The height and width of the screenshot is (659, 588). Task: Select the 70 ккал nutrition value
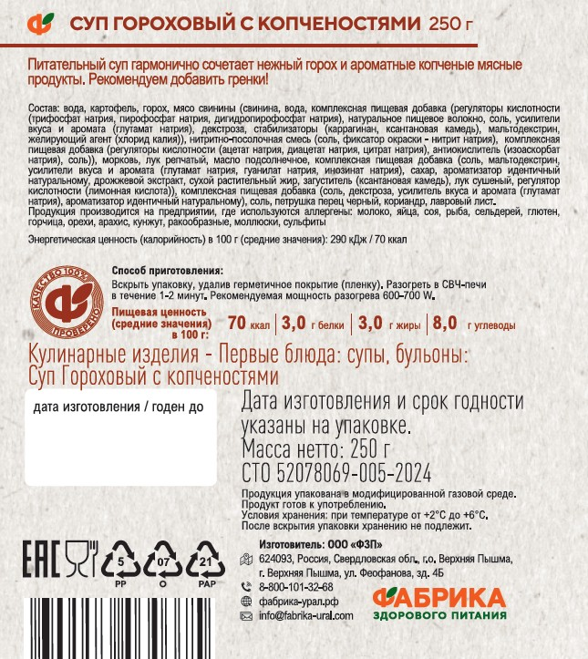pyautogui.click(x=249, y=323)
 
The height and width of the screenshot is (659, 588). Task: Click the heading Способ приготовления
pyautogui.click(x=167, y=271)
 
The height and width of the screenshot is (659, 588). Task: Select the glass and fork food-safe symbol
pyautogui.click(x=82, y=558)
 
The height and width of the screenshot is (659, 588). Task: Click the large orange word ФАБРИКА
pyautogui.click(x=440, y=599)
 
